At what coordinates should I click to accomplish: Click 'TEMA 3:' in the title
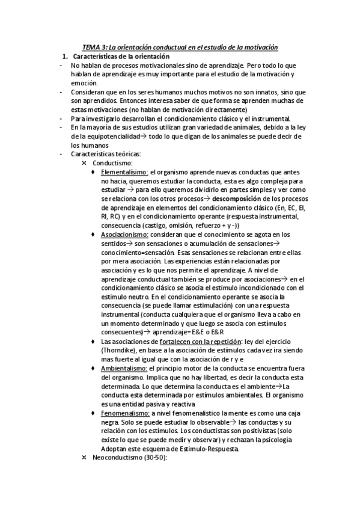tap(94, 48)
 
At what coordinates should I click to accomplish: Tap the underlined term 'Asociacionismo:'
tap(125, 234)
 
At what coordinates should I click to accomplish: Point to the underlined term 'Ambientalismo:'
tap(124, 368)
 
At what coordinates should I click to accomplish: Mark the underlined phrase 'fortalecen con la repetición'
tap(193, 342)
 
